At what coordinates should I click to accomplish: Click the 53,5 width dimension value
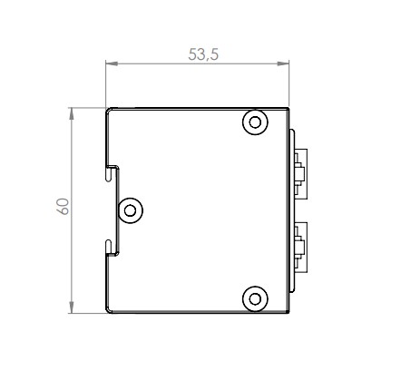pyautogui.click(x=203, y=54)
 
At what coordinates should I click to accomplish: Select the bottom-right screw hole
pyautogui.click(x=255, y=297)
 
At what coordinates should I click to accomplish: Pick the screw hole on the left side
pyautogui.click(x=131, y=210)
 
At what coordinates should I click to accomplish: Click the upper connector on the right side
pyautogui.click(x=300, y=171)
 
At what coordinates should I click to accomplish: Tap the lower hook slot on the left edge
pyautogui.click(x=112, y=246)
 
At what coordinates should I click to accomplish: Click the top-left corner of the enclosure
pyautogui.click(x=108, y=109)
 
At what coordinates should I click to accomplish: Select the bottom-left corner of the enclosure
pyautogui.click(x=108, y=310)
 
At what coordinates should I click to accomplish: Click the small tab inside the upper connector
pyautogui.click(x=298, y=171)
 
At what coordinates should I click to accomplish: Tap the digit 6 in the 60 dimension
pyautogui.click(x=63, y=211)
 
